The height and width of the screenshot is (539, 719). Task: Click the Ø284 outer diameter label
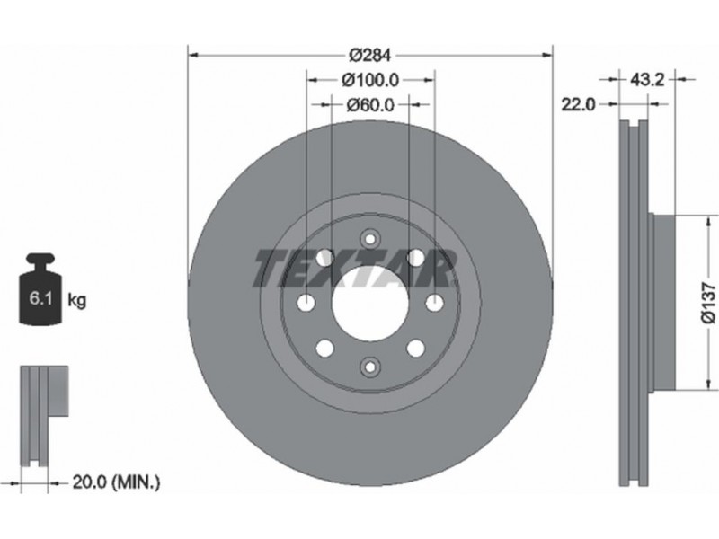(370, 56)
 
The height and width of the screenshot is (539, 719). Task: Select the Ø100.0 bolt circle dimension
(370, 80)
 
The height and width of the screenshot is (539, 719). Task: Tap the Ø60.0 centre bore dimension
(370, 105)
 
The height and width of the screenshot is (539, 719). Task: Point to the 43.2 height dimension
(647, 80)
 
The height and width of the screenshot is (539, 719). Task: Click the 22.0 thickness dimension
(579, 105)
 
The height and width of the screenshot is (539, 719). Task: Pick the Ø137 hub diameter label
(708, 303)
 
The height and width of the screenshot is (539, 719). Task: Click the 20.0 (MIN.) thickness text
(117, 482)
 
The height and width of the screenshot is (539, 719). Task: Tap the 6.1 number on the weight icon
(39, 299)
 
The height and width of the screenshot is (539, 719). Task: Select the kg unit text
(76, 301)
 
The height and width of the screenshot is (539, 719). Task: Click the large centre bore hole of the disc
(370, 303)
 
